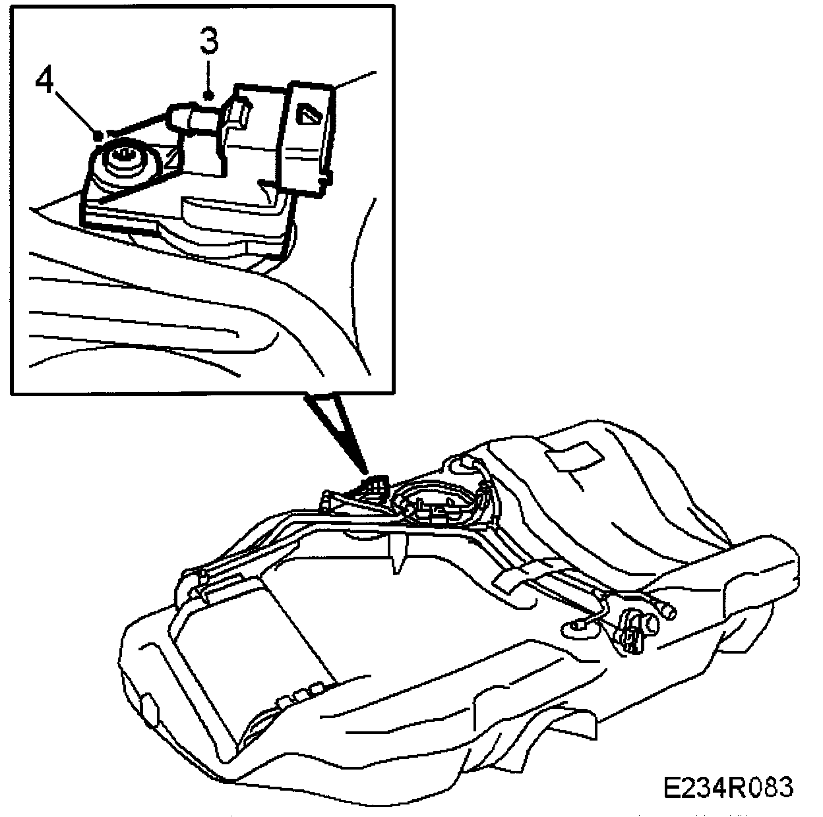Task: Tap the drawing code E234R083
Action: tap(728, 787)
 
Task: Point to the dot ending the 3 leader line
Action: tap(209, 96)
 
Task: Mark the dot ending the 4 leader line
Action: tap(98, 135)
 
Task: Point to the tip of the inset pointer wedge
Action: tap(365, 472)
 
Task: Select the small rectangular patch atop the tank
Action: tap(572, 457)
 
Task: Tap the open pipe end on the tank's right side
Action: tap(668, 612)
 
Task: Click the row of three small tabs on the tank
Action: tap(299, 694)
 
